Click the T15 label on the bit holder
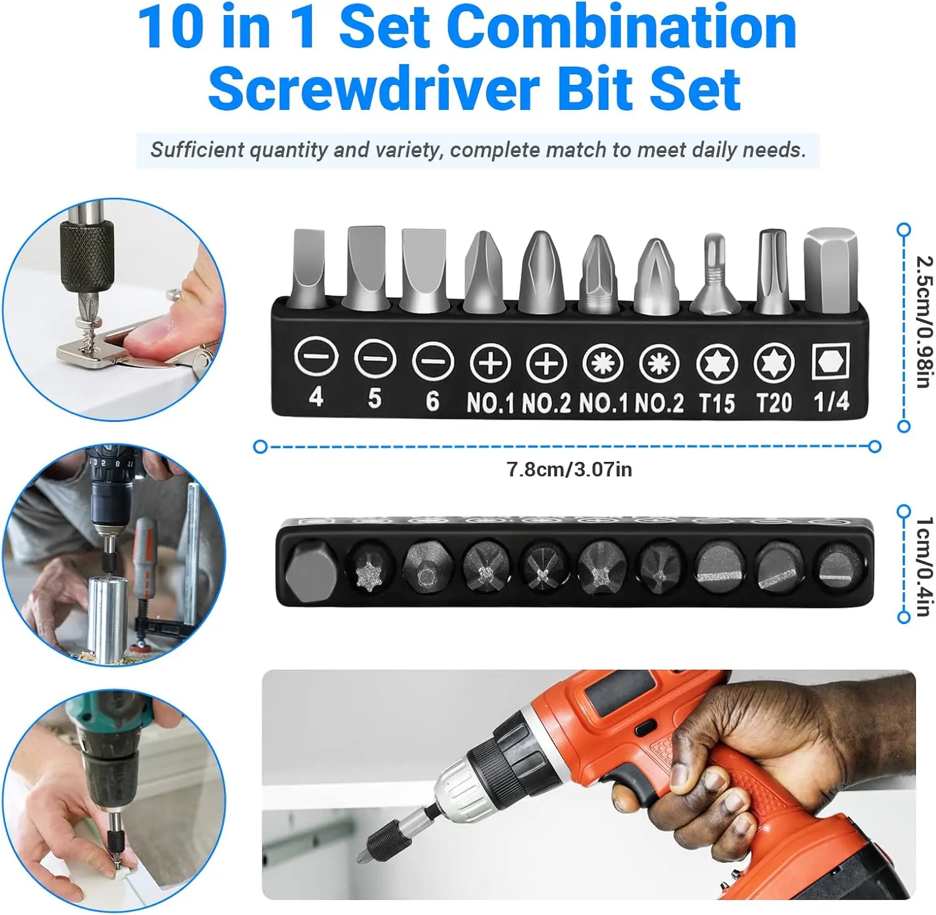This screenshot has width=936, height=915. pyautogui.click(x=716, y=403)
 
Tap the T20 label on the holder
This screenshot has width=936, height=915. pyautogui.click(x=774, y=403)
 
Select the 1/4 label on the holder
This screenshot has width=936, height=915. pyautogui.click(x=831, y=401)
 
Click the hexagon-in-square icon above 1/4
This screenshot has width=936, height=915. pyautogui.click(x=831, y=362)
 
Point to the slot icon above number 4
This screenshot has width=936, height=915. pyautogui.click(x=316, y=358)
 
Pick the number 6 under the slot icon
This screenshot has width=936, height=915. pyautogui.click(x=432, y=400)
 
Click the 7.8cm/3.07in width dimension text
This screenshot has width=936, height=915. pyautogui.click(x=569, y=469)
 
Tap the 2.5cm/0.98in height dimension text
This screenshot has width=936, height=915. pyautogui.click(x=924, y=322)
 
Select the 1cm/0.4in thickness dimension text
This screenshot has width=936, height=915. pyautogui.click(x=924, y=566)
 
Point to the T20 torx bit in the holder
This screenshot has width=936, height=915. pyautogui.click(x=773, y=272)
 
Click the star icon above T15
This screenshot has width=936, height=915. pyautogui.click(x=717, y=363)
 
